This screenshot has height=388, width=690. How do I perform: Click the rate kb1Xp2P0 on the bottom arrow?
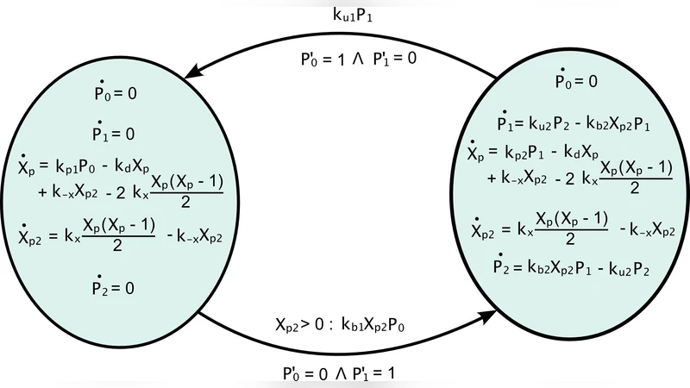click(375, 326)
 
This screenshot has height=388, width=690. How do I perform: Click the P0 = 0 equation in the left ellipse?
click(114, 92)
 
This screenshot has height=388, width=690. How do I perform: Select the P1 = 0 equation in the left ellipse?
click(114, 134)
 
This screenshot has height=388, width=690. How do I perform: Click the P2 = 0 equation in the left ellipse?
click(114, 287)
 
